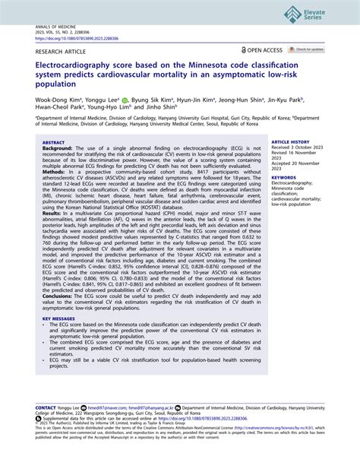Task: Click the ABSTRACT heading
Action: point(52,142)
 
